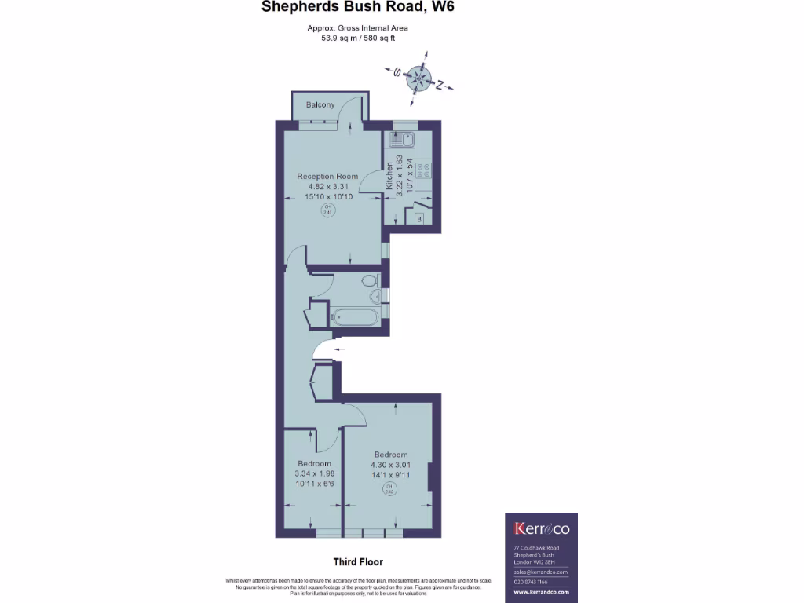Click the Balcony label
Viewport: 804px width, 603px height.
click(x=320, y=104)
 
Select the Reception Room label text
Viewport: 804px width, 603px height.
click(x=327, y=176)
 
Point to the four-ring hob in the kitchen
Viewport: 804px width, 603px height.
click(x=422, y=173)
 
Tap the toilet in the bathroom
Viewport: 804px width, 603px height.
click(x=367, y=280)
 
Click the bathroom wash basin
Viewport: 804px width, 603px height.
click(x=377, y=296)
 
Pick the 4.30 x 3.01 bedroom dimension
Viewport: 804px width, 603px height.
click(x=390, y=465)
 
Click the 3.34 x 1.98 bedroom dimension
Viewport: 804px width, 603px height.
click(x=314, y=473)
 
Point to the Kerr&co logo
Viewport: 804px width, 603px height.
click(x=540, y=528)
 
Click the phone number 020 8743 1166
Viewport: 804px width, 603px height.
click(x=532, y=582)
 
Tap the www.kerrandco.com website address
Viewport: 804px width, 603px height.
click(x=540, y=593)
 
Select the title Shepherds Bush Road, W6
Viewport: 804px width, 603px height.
click(x=357, y=8)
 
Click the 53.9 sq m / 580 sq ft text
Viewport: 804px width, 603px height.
click(x=357, y=37)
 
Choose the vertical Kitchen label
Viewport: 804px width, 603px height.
click(x=389, y=177)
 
